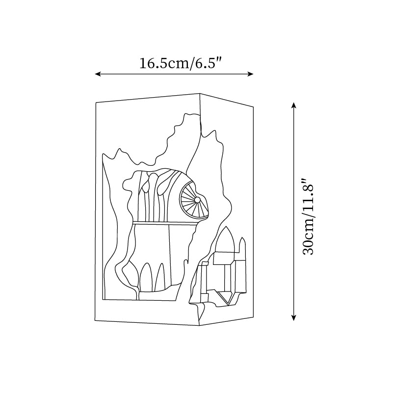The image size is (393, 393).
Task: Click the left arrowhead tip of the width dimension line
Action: pyautogui.click(x=95, y=74)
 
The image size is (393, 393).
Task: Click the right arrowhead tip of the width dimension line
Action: pyautogui.click(x=253, y=74)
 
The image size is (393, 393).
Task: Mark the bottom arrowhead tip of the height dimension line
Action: pyautogui.click(x=294, y=321)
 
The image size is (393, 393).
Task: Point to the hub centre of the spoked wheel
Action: pyautogui.click(x=197, y=200)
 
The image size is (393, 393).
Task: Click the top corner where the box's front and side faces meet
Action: pyautogui.click(x=200, y=94)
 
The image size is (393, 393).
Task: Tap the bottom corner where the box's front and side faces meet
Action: pyautogui.click(x=200, y=326)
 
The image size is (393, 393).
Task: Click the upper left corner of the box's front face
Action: pyautogui.click(x=96, y=103)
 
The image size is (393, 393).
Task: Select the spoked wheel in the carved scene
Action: pyautogui.click(x=193, y=200)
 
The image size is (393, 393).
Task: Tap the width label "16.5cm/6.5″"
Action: pyautogui.click(x=181, y=64)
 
